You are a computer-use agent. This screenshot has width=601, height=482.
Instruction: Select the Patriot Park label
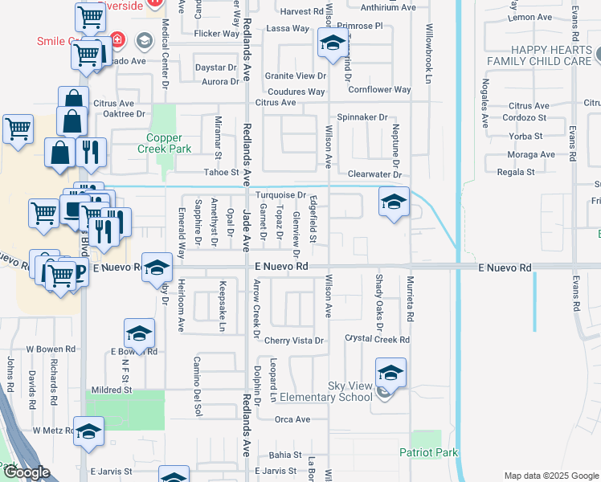pyautogui.click(x=429, y=452)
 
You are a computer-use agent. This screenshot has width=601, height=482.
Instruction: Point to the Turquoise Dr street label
pyautogui.click(x=280, y=195)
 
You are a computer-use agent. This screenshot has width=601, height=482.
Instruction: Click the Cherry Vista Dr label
pyautogui.click(x=294, y=341)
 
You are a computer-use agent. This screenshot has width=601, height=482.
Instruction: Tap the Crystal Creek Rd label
pyautogui.click(x=377, y=340)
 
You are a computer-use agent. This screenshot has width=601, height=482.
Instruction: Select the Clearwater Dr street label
pyautogui.click(x=374, y=174)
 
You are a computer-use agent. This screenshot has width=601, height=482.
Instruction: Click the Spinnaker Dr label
pyautogui.click(x=362, y=117)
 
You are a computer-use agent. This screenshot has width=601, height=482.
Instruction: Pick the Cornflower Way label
pyautogui.click(x=379, y=90)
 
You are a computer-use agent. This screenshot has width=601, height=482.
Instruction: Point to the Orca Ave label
pyautogui.click(x=292, y=419)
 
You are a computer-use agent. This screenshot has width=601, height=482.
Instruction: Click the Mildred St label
pyautogui.click(x=112, y=390)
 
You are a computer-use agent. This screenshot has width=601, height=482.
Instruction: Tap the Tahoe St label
pyautogui.click(x=224, y=172)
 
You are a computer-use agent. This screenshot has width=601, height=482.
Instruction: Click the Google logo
pyautogui.click(x=27, y=472)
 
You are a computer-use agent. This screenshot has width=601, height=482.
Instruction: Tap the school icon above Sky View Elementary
pyautogui.click(x=390, y=371)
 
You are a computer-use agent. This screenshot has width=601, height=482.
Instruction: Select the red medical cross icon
pyautogui.click(x=118, y=39)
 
